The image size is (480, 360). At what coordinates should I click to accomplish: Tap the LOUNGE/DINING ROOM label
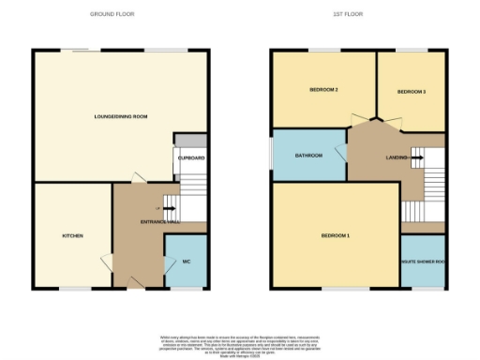pyautogui.click(x=122, y=117)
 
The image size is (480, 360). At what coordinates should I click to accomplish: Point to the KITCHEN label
pyautogui.click(x=73, y=235)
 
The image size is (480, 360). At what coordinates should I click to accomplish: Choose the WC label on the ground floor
pyautogui.click(x=186, y=261)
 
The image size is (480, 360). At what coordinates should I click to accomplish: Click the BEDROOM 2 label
pyautogui.click(x=323, y=91)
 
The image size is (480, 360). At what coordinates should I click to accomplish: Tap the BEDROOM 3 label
pyautogui.click(x=412, y=92)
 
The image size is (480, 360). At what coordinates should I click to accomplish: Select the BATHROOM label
pyautogui.click(x=308, y=156)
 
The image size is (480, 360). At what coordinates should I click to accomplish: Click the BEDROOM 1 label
pyautogui.click(x=335, y=235)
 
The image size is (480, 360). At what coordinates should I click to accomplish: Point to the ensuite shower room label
pyautogui.click(x=422, y=262)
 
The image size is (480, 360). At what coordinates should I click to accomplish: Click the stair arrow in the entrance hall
pyautogui.click(x=170, y=208)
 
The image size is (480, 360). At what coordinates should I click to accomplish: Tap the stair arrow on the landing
pyautogui.click(x=416, y=157)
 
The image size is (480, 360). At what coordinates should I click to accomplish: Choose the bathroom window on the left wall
pyautogui.click(x=271, y=156)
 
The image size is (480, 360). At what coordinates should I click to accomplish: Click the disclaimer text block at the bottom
pyautogui.click(x=239, y=342)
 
